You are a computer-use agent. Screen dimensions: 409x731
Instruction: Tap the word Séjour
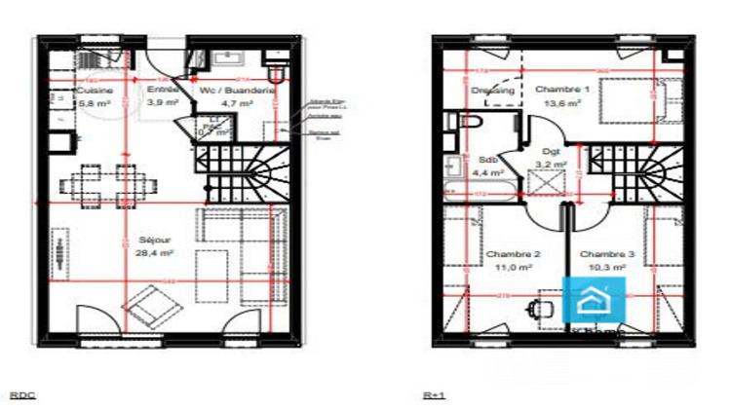tap(155, 240)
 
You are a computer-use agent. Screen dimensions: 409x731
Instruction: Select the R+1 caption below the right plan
tap(433, 395)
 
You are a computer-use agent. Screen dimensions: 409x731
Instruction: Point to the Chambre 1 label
tap(562, 90)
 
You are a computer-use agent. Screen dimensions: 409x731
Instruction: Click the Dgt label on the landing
tap(550, 151)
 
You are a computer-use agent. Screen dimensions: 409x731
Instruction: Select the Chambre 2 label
tap(514, 254)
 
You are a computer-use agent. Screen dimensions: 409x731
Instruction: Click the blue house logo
tap(596, 301)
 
